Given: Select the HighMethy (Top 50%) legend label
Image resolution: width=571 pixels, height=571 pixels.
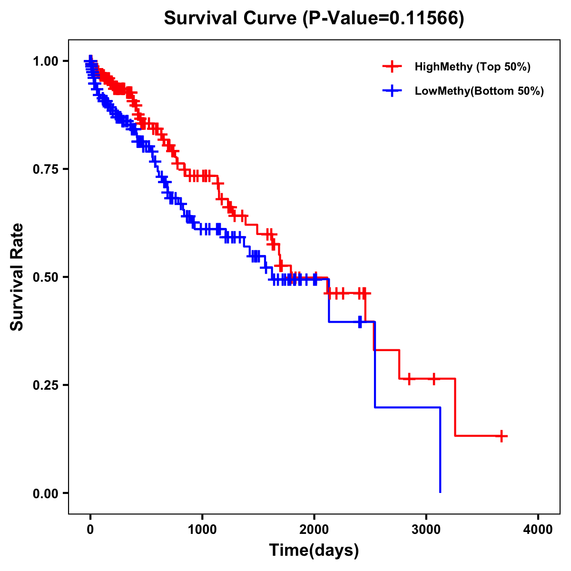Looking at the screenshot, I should click(x=472, y=67).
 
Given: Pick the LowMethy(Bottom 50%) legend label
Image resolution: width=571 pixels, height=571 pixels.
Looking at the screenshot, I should click(x=479, y=91).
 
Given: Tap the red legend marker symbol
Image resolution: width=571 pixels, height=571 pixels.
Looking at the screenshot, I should click(x=392, y=67).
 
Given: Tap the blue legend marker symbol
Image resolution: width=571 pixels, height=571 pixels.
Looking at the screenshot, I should click(x=392, y=91).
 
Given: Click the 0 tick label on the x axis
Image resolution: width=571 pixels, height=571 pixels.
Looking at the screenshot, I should click(x=90, y=530).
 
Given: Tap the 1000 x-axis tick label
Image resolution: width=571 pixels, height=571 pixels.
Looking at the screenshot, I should click(x=202, y=530).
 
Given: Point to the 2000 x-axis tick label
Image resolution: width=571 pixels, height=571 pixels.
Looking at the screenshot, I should click(x=314, y=530).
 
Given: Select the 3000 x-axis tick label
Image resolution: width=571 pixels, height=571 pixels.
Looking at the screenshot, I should click(x=426, y=530).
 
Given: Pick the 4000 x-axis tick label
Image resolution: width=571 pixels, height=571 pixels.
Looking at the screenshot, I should click(x=538, y=530).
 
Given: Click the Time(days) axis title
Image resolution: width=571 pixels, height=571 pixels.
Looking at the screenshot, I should click(x=314, y=551).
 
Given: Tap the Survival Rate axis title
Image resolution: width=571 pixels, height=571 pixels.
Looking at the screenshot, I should click(x=17, y=276).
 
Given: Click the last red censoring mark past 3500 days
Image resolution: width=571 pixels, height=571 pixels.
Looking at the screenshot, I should click(x=502, y=436).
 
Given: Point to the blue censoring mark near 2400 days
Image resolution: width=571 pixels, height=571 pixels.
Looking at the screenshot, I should click(x=360, y=322).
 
